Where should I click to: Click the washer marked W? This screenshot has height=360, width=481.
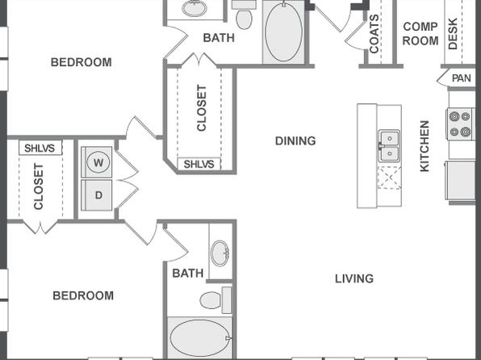97,162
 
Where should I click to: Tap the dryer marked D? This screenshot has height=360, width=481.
97,195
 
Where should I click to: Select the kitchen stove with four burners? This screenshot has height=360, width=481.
461,124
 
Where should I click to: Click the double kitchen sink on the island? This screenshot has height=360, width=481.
389,146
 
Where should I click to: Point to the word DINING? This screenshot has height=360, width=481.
295,141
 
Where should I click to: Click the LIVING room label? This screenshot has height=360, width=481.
354,278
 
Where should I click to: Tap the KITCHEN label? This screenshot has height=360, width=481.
425,146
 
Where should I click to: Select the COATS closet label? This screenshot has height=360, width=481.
374,34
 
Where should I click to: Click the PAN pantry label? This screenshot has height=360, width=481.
462,78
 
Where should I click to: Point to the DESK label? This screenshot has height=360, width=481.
453,33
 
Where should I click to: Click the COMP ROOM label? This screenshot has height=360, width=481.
420,33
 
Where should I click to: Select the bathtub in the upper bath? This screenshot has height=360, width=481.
284,32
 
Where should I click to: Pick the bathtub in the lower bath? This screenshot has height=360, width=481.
199,338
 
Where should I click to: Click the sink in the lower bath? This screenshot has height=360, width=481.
220,253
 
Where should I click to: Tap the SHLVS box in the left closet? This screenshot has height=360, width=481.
40,148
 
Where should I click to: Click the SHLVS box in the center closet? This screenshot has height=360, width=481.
199,164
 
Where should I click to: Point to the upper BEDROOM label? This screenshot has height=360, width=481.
82,62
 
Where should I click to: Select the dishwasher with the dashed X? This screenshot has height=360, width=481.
389,178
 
